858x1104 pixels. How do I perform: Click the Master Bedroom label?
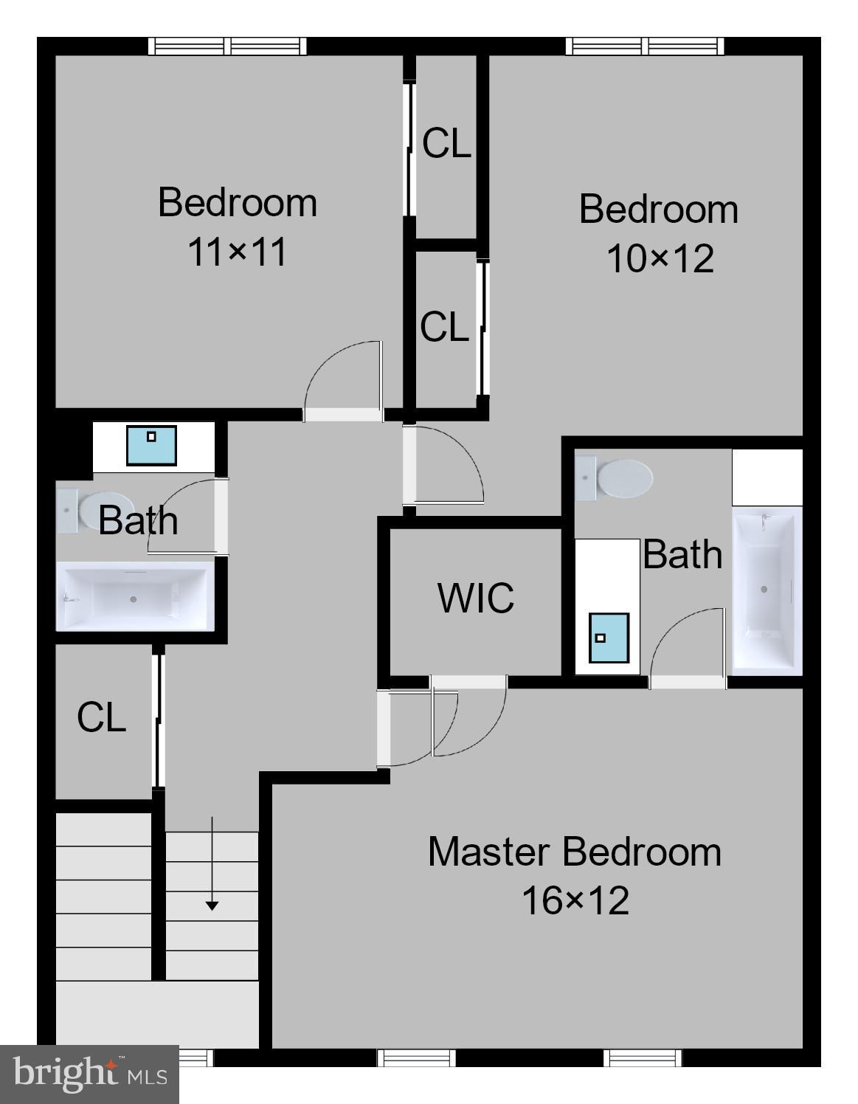pos(575,852)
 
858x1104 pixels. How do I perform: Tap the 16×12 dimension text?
pos(575,901)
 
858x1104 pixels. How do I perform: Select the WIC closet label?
pos(476,598)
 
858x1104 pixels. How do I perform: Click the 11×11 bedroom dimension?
pos(237,252)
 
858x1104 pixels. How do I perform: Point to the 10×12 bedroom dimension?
pos(660,259)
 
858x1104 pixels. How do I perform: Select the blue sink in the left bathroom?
pos(151,445)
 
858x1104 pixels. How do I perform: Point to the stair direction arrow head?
pos(212,905)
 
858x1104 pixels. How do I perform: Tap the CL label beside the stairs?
pos(102,717)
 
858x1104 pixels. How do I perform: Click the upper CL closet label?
pos(446,143)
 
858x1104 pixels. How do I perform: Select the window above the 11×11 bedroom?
pos(227,46)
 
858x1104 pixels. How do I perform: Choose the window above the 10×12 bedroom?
pos(645,46)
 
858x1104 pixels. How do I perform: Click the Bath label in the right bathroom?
pos(682,554)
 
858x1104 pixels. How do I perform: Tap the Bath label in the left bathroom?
pos(138,521)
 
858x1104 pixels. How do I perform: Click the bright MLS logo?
pos(89,1074)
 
